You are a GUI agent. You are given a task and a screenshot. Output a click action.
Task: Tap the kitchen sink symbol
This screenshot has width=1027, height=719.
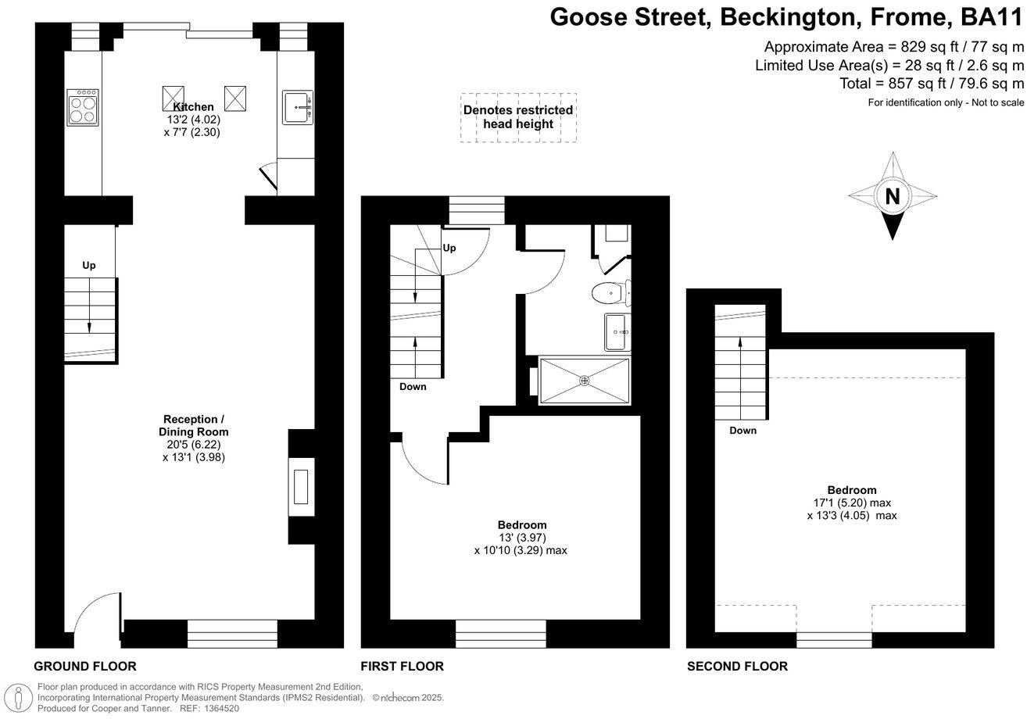[297, 107]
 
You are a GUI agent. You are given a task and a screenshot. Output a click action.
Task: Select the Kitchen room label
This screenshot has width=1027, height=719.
[193, 107]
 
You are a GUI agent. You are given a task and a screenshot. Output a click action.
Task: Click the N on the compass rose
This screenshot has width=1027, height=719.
[892, 197]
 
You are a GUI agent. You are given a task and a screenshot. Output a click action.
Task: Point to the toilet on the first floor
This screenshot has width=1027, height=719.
[609, 293]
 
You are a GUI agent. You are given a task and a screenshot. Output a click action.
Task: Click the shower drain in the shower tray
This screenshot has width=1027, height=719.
[584, 381]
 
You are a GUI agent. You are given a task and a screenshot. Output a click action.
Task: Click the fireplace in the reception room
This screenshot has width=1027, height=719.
[300, 488]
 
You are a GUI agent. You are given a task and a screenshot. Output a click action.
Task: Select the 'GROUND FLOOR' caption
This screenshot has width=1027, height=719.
[85, 667]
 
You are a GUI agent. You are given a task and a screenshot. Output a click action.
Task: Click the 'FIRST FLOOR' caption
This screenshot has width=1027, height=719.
[402, 667]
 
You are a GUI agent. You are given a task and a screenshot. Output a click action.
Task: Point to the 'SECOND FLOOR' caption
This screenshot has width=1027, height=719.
[737, 667]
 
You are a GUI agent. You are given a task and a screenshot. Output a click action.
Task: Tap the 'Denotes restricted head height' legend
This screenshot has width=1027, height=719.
[518, 117]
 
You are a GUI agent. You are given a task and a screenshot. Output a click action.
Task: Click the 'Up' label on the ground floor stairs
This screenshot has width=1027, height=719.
[89, 266]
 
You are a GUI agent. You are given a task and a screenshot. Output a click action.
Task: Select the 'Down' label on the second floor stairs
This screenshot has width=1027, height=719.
[743, 431]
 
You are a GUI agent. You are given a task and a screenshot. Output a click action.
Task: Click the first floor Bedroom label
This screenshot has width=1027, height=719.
[522, 524]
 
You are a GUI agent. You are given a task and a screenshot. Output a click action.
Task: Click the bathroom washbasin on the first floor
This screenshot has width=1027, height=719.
[617, 332]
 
